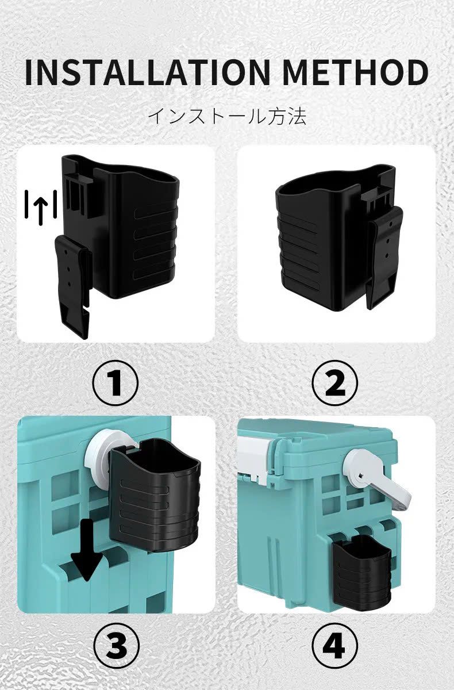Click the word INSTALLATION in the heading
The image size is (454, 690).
click(148, 72)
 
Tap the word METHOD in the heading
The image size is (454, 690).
click(355, 72)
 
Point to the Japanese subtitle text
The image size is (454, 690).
click(227, 116)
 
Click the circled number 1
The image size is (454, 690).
click(116, 383)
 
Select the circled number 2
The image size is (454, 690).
click(335, 383)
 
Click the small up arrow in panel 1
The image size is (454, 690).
click(41, 209)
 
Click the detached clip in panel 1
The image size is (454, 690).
click(72, 286)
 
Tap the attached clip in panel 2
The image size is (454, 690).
click(384, 257)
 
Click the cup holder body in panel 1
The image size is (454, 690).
click(136, 234)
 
